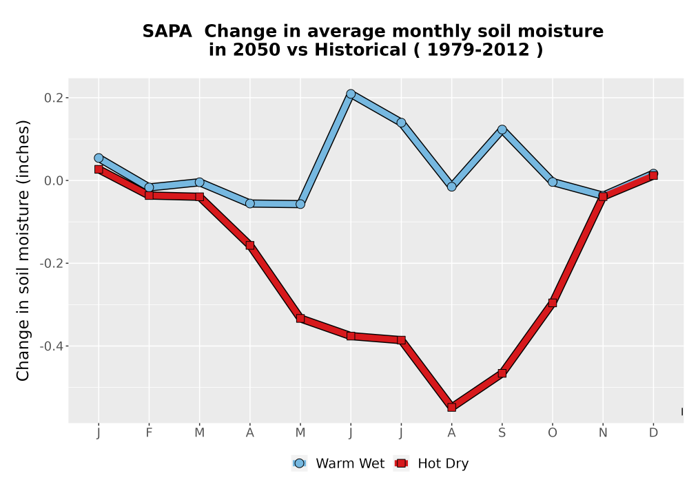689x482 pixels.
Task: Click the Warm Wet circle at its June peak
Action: point(351,94)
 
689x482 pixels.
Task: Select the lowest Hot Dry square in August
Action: point(451,407)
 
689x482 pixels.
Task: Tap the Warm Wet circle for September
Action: point(502,129)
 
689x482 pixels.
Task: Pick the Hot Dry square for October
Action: point(553,302)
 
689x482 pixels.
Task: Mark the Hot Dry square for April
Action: point(249,245)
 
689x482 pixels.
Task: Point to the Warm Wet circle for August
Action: point(451,187)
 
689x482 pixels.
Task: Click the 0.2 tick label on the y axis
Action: point(53,98)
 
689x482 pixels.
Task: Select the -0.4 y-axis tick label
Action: point(51,346)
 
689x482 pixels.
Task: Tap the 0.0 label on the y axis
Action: point(53,180)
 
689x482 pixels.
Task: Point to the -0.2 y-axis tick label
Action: point(51,263)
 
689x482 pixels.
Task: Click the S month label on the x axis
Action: point(502,433)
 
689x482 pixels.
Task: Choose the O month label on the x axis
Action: point(553,433)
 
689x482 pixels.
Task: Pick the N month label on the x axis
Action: point(603,433)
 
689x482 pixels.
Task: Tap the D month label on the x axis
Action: point(653,433)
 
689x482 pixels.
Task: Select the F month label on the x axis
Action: point(149,433)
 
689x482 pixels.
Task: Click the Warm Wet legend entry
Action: point(338,463)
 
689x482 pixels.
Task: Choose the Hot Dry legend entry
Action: point(432,463)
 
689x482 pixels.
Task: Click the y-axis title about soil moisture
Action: point(23,250)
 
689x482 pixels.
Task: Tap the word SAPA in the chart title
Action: point(167,31)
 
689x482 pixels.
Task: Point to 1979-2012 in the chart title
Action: point(478,50)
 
